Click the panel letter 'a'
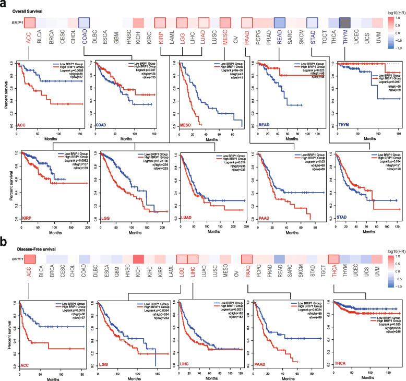point(4,4)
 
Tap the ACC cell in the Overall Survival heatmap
point(29,22)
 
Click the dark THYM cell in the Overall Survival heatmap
point(344,22)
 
